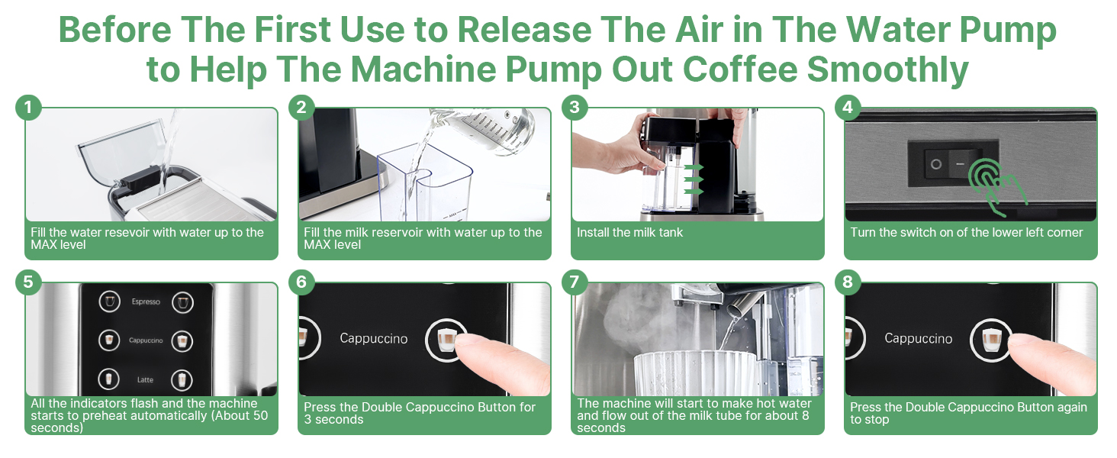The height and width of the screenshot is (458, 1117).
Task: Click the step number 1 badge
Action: click(x=28, y=108)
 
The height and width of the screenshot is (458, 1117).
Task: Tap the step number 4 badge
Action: click(x=847, y=108)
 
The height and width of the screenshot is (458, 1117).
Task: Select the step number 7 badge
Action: click(x=574, y=282)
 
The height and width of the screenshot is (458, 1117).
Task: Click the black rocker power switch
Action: click(x=953, y=163)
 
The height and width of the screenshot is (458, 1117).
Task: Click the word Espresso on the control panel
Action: click(x=146, y=302)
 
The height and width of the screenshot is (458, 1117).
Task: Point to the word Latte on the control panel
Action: click(x=145, y=379)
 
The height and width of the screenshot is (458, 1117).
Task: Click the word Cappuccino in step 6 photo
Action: click(x=374, y=339)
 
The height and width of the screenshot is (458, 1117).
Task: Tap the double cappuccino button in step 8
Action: click(x=991, y=340)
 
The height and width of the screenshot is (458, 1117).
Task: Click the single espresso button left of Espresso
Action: click(x=109, y=302)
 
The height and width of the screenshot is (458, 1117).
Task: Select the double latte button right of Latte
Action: click(x=182, y=379)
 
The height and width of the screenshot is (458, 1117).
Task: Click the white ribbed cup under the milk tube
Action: click(x=694, y=373)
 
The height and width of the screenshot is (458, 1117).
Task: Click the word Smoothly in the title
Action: click(x=887, y=69)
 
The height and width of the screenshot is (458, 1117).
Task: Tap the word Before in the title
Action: click(x=115, y=30)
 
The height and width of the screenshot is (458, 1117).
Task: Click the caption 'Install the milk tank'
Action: click(x=629, y=233)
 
